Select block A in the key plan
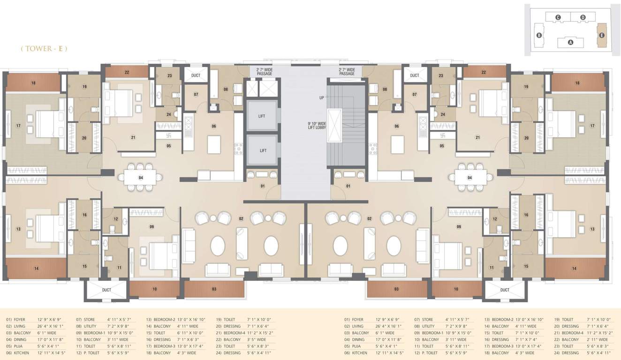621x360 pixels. click(570, 42)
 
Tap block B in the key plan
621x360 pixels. click(539, 35)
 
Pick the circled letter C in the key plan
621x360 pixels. click(558, 17)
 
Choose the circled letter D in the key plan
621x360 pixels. click(583, 17)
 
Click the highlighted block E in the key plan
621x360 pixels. click(602, 35)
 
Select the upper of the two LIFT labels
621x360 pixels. click(263, 116)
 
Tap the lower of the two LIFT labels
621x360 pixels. click(263, 150)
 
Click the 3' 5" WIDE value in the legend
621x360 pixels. click(257, 339)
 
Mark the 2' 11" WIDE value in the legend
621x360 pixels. click(598, 339)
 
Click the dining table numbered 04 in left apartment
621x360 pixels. click(141, 178)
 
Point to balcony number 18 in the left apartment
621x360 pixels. click(33, 83)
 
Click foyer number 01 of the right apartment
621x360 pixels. click(348, 186)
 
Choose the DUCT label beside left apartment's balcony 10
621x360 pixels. click(106, 290)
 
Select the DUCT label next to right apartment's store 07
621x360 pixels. click(415, 75)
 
